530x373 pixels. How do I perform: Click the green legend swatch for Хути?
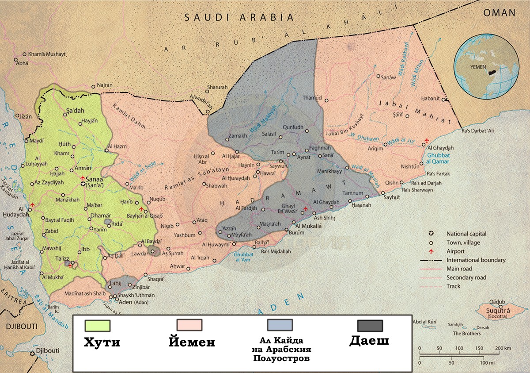click(97, 325)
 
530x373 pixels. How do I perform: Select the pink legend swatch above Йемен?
click(189, 325)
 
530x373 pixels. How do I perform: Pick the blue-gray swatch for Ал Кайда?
click(280, 325)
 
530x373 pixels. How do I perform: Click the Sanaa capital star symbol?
click(83, 183)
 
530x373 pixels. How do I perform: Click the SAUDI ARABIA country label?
click(239, 17)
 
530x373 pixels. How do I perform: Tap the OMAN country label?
click(499, 13)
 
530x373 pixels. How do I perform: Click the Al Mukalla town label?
click(308, 226)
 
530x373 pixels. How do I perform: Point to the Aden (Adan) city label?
click(132, 302)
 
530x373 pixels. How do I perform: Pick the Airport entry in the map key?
click(455, 251)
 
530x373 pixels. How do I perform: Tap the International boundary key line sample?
click(432, 260)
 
